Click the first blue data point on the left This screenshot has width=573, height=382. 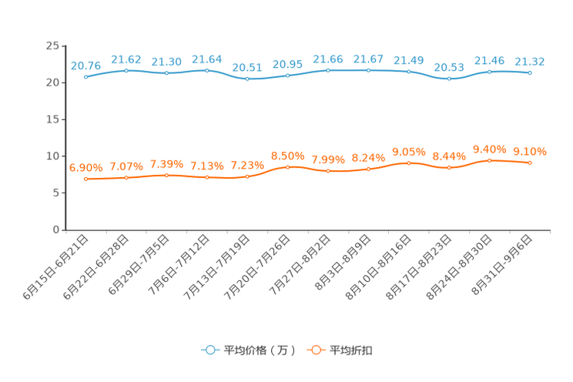pyautogui.click(x=86, y=76)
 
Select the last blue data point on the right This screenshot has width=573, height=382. pyautogui.click(x=530, y=73)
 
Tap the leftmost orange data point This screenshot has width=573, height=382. pyautogui.click(x=86, y=179)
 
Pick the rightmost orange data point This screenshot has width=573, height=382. pyautogui.click(x=530, y=163)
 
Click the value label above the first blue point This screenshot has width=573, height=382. pyautogui.click(x=85, y=65)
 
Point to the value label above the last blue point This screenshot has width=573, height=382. pyautogui.click(x=530, y=62)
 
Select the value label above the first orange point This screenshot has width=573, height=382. pyautogui.click(x=85, y=167)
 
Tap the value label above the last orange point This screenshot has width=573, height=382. pyautogui.click(x=530, y=151)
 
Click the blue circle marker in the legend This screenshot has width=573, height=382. pyautogui.click(x=209, y=350)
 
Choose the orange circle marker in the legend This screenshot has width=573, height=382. pyautogui.click(x=316, y=350)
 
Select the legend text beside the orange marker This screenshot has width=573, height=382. pyautogui.click(x=352, y=350)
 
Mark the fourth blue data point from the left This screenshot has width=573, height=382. pyautogui.click(x=207, y=70)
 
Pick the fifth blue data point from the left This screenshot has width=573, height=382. pyautogui.click(x=247, y=79)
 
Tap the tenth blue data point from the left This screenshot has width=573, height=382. pyautogui.click(x=450, y=79)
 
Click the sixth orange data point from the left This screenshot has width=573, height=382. pyautogui.click(x=288, y=167)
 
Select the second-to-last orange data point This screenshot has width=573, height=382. pyautogui.click(x=490, y=160)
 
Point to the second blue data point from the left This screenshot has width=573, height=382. pyautogui.click(x=126, y=71)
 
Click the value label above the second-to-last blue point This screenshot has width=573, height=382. pyautogui.click(x=490, y=60)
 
